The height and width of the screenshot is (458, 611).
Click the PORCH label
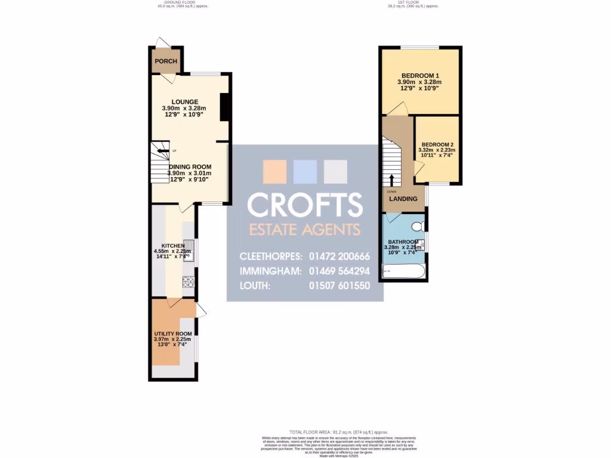166,61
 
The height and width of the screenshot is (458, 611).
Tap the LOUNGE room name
184,102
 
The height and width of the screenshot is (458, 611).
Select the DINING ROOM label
190,167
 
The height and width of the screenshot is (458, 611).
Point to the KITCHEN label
173,246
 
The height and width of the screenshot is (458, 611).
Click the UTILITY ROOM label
173,334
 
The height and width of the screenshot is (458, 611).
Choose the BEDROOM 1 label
419,75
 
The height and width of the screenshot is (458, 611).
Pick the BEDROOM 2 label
438,145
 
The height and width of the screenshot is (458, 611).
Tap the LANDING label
403,199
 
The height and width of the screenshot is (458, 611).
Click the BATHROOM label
403,242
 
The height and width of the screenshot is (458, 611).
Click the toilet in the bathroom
419,226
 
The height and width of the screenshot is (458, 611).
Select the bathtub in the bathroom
404,273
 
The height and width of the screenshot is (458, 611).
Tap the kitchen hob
189,281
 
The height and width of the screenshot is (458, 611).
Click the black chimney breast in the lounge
225,108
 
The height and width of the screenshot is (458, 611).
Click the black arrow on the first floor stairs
392,180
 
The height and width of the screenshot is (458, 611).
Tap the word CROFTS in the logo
305,205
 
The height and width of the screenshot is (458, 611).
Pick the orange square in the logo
275,172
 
